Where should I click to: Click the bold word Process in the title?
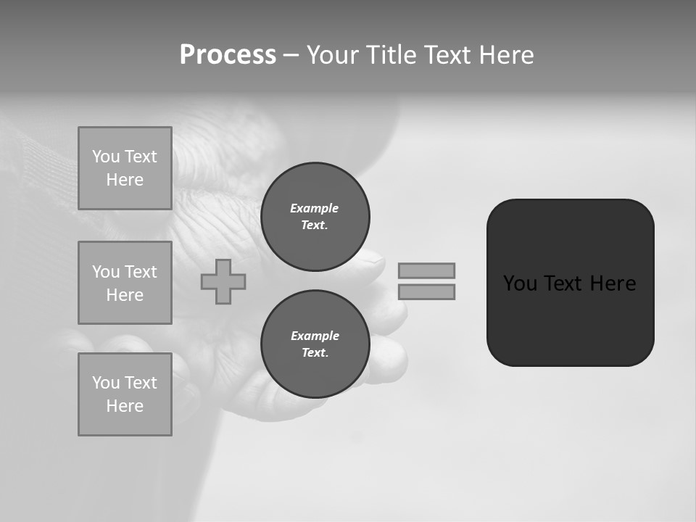coord(228,55)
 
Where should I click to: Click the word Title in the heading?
coord(392,55)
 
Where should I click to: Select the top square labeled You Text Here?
coord(125,168)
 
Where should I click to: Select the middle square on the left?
coord(125,283)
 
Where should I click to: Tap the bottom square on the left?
coord(125,394)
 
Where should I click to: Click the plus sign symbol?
coord(223,281)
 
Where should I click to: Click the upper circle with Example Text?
coord(315,216)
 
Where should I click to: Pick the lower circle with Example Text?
coord(315,344)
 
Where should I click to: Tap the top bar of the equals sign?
coord(426,270)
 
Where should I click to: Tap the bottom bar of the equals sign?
coord(426,291)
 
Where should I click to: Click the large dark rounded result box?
coord(570,319)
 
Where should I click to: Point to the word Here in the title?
coord(507,55)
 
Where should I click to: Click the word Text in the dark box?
coord(563,283)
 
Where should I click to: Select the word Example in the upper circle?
coord(314,208)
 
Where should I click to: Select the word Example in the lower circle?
coord(315,336)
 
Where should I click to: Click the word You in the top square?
coord(106,157)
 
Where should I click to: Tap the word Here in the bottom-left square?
coord(125,406)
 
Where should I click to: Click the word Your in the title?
coord(332,55)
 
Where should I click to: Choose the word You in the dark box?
coord(520,283)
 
